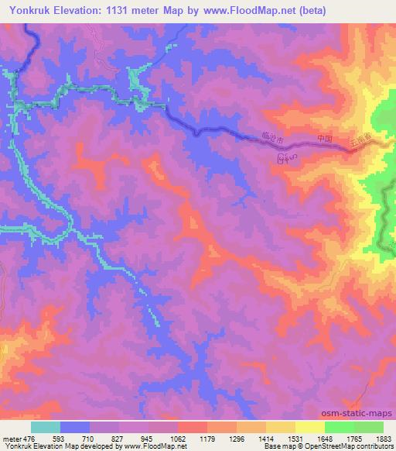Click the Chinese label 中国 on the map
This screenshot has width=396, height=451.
click(x=325, y=139)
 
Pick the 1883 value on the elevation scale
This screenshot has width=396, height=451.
click(x=384, y=438)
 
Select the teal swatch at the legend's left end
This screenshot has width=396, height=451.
click(x=46, y=426)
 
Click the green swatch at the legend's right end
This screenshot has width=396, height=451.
click(x=368, y=426)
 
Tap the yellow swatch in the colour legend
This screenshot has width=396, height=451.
click(x=309, y=426)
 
